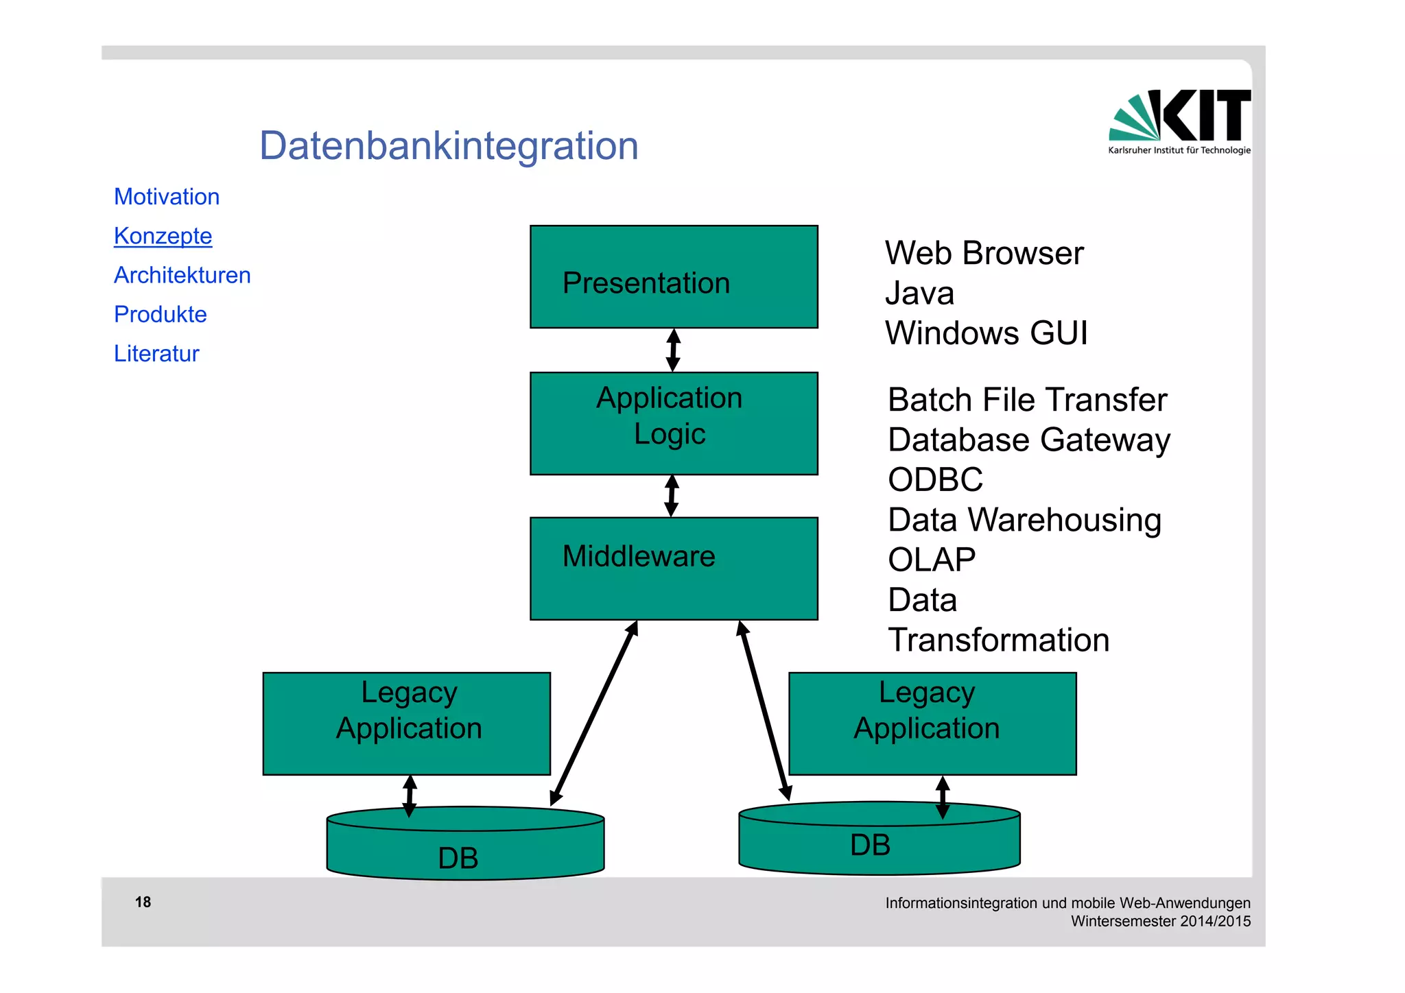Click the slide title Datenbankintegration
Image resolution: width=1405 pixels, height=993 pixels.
click(x=449, y=146)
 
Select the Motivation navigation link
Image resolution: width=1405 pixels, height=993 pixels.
click(x=167, y=197)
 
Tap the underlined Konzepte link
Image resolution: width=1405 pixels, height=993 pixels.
click(x=163, y=236)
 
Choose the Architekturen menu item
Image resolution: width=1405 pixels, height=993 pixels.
click(x=182, y=275)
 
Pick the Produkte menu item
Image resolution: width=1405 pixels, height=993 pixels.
click(x=161, y=314)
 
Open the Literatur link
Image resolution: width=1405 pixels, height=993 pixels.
click(x=156, y=353)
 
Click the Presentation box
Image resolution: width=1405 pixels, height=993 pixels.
click(x=674, y=277)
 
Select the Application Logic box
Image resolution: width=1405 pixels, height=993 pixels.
click(x=674, y=423)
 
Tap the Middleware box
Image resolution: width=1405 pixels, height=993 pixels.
click(x=674, y=569)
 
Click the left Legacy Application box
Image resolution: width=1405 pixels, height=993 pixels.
click(x=407, y=723)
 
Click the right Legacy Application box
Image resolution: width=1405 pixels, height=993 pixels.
click(x=932, y=723)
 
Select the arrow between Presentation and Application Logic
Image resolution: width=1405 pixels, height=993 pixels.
click(x=673, y=350)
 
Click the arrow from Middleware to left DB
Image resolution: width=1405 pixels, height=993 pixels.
click(x=594, y=713)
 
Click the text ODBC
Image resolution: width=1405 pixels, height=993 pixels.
click(x=935, y=479)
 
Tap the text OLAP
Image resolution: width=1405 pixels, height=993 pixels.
click(x=931, y=560)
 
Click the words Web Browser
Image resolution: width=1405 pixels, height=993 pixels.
click(x=984, y=253)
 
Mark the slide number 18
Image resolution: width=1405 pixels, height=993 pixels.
click(x=143, y=902)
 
